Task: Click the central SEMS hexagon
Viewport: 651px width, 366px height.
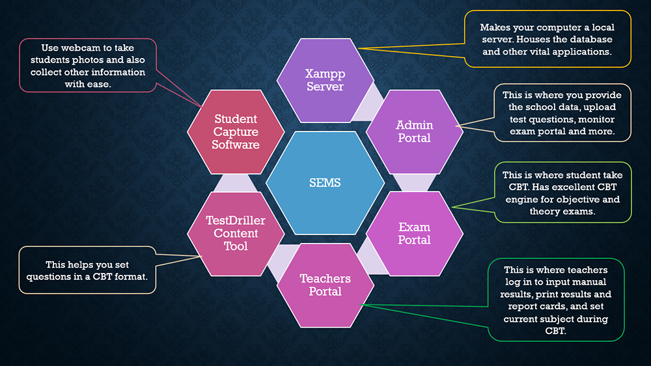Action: (325, 183)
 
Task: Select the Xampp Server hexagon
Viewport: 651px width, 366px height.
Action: (325, 80)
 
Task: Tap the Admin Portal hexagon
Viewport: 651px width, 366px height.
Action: (415, 131)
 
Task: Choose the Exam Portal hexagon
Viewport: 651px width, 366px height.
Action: (415, 233)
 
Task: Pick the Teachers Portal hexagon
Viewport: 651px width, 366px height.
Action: (325, 285)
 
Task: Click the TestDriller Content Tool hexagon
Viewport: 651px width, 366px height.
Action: (236, 233)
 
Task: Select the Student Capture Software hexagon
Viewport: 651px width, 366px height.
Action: (236, 131)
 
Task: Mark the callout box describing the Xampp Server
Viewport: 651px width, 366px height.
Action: (547, 39)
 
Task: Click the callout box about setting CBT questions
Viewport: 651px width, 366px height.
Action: (88, 270)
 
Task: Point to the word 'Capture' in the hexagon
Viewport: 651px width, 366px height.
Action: (236, 132)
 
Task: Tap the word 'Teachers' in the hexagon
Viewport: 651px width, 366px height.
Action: (325, 279)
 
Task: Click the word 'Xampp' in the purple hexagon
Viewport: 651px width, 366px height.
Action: (325, 74)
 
